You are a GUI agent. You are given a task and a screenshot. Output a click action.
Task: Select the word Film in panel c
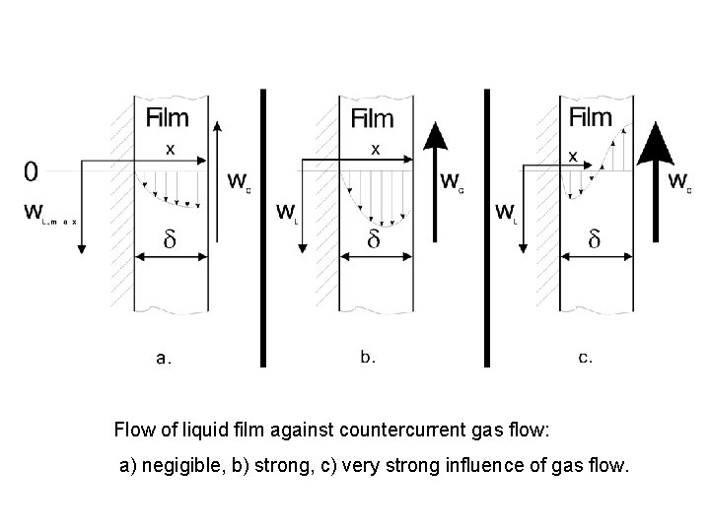[x=591, y=118]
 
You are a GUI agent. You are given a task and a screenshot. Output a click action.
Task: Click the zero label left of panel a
[x=31, y=172]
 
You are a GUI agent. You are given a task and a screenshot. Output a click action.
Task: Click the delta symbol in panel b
[x=373, y=239]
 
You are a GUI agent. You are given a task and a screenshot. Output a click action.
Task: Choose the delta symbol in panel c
[x=594, y=239]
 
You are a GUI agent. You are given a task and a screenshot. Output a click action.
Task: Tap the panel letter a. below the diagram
[x=164, y=359]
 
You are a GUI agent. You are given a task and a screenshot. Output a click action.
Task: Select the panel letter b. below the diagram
[x=368, y=358]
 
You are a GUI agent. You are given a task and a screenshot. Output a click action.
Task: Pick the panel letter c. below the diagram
[x=585, y=358]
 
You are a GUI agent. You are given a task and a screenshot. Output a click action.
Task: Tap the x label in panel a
[x=170, y=150]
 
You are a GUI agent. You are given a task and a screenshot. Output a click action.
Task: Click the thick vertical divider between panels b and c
[x=487, y=227]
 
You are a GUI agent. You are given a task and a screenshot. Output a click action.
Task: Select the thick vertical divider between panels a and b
[x=263, y=227]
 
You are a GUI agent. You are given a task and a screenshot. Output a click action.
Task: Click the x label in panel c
[x=573, y=156]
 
